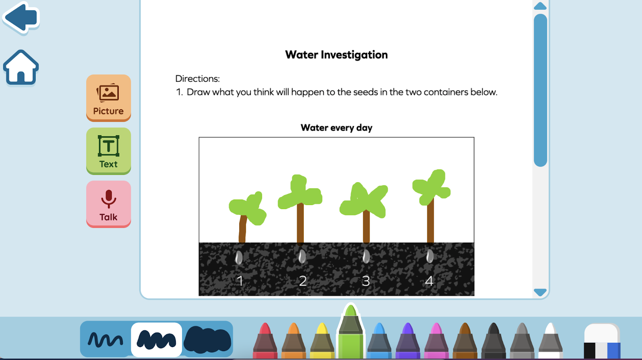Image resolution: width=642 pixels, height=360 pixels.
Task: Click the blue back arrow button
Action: click(21, 18)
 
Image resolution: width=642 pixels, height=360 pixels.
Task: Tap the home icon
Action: click(21, 68)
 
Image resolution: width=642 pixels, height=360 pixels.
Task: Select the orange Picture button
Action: click(108, 98)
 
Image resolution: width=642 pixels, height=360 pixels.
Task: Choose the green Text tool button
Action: click(108, 151)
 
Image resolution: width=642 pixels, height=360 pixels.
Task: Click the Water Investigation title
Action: click(336, 55)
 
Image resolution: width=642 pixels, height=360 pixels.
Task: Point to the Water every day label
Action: click(336, 128)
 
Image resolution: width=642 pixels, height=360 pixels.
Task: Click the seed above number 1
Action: click(239, 257)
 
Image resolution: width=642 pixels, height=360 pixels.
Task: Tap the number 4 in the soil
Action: click(429, 281)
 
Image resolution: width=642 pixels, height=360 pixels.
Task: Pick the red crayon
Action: click(265, 341)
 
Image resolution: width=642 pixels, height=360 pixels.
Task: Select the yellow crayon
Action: click(322, 341)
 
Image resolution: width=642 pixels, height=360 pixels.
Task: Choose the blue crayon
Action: click(379, 341)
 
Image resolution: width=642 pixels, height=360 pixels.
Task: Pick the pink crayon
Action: click(436, 341)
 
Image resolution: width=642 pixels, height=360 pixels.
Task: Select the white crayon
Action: click(550, 341)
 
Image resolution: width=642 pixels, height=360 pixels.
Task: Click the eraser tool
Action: click(602, 341)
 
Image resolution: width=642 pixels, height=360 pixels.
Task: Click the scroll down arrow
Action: click(540, 292)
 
